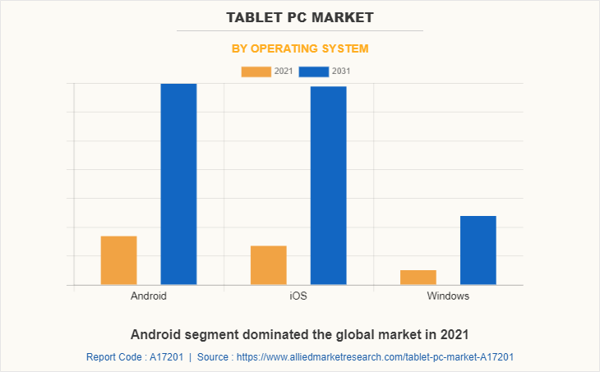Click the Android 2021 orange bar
[x=118, y=260]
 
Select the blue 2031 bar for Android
[x=178, y=184]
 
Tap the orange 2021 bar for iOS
[x=268, y=265]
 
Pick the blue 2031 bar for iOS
[x=328, y=186]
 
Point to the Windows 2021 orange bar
[x=418, y=278]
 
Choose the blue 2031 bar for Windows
[x=478, y=250]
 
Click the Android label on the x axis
[x=149, y=296]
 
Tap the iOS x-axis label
[x=298, y=296]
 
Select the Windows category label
[x=448, y=296]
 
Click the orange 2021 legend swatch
[x=256, y=71]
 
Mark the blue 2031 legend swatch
[x=313, y=71]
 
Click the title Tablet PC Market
[x=299, y=17]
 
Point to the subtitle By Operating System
[x=299, y=48]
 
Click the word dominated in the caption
[x=269, y=334]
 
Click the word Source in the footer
[x=213, y=357]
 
